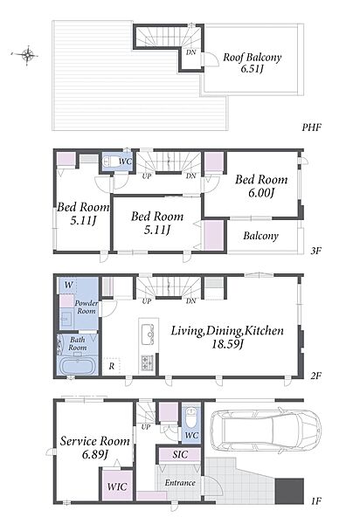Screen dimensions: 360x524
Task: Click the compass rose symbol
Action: (x=27, y=54)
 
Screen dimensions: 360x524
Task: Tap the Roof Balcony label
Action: (x=253, y=63)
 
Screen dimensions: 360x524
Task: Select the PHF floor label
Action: (x=312, y=128)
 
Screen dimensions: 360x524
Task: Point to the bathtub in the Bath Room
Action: (x=79, y=366)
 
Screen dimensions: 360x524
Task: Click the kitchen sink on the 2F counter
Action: (x=148, y=334)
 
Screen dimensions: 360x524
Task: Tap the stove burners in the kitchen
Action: (x=148, y=362)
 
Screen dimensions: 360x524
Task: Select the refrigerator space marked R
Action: (x=112, y=366)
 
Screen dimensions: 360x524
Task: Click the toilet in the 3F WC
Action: (x=110, y=162)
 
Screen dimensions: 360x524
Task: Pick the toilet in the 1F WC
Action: (x=191, y=417)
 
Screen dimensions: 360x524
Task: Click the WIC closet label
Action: (x=117, y=486)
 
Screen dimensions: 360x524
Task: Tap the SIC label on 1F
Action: (x=180, y=454)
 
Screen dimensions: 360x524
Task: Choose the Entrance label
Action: (x=180, y=483)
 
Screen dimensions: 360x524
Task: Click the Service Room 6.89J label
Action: (x=95, y=447)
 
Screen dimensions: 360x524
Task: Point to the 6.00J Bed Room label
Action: (x=261, y=186)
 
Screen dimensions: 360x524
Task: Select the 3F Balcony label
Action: (x=260, y=236)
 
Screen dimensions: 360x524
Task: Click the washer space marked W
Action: (x=68, y=285)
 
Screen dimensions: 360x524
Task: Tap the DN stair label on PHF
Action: (x=190, y=52)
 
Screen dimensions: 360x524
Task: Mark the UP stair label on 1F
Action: (x=146, y=427)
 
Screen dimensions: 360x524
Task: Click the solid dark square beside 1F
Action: (x=289, y=491)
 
